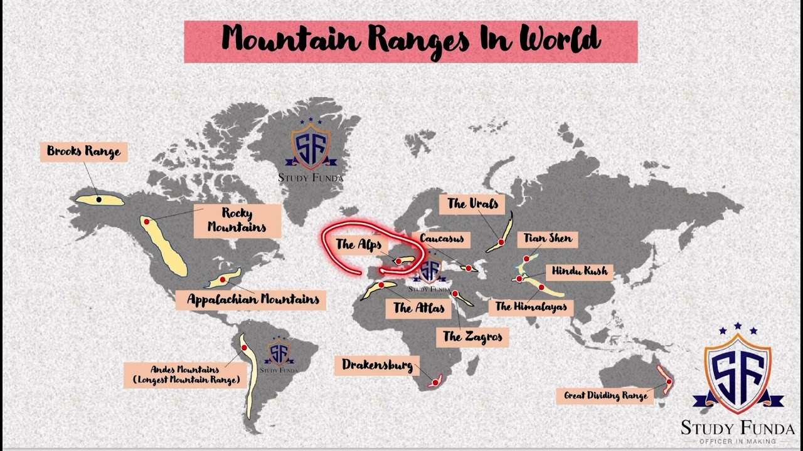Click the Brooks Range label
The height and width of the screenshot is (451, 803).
(x=83, y=152)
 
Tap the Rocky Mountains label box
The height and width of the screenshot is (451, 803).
(x=237, y=220)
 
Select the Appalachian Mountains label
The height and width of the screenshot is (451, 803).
(x=253, y=299)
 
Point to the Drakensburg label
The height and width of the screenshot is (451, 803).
(x=377, y=365)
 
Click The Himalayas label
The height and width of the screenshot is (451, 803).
(x=531, y=306)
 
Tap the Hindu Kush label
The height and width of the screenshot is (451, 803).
(x=579, y=271)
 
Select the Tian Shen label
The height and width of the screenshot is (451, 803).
(x=548, y=239)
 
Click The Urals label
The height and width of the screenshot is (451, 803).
(x=472, y=204)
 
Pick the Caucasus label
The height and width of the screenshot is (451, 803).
(x=442, y=239)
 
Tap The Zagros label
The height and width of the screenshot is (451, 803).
(x=472, y=336)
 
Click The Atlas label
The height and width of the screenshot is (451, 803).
(x=418, y=308)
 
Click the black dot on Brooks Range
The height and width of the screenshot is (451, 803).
(x=98, y=199)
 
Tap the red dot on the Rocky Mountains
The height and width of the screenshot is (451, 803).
(x=146, y=222)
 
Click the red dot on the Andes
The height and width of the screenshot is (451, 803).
(x=244, y=348)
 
